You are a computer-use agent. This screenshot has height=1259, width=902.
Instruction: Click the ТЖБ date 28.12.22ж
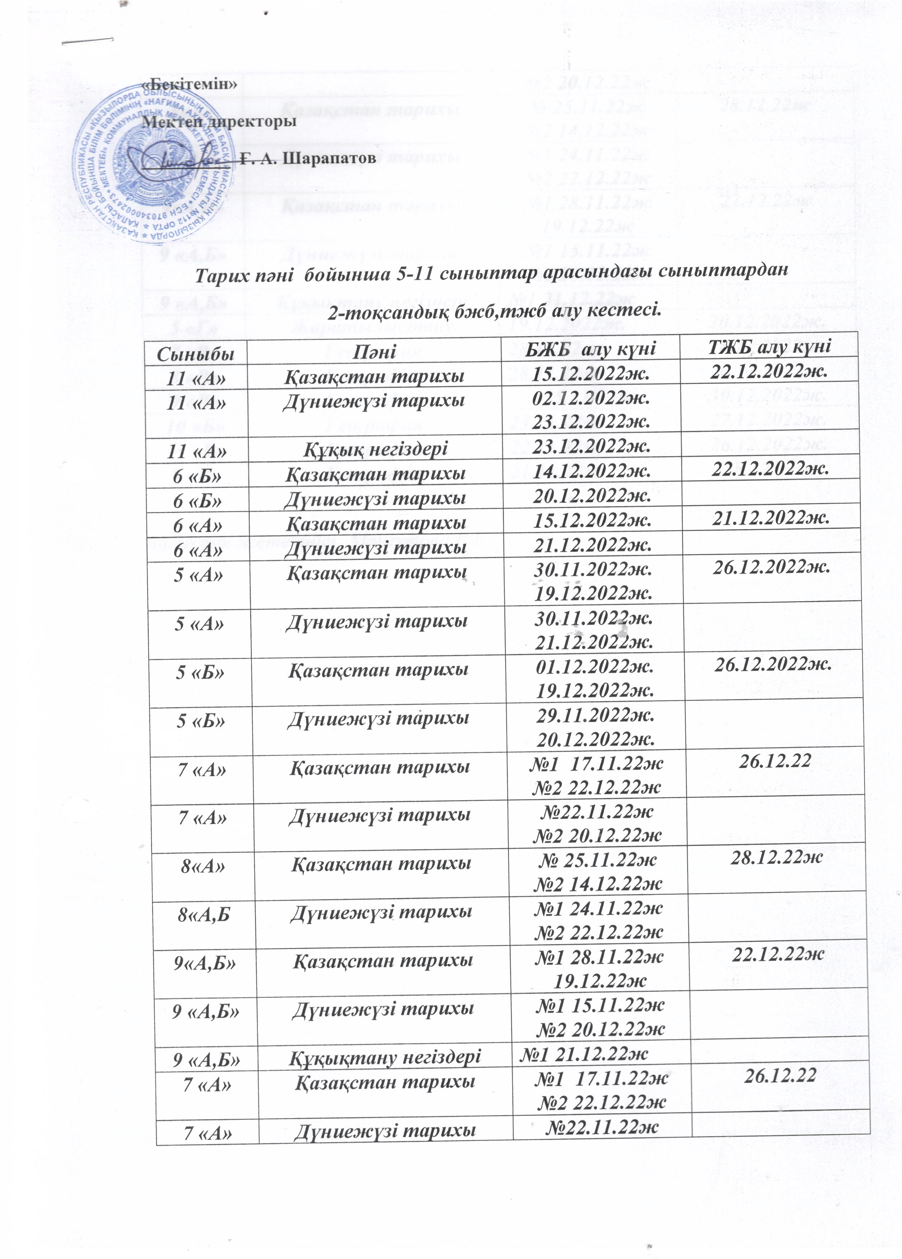pyautogui.click(x=776, y=858)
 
